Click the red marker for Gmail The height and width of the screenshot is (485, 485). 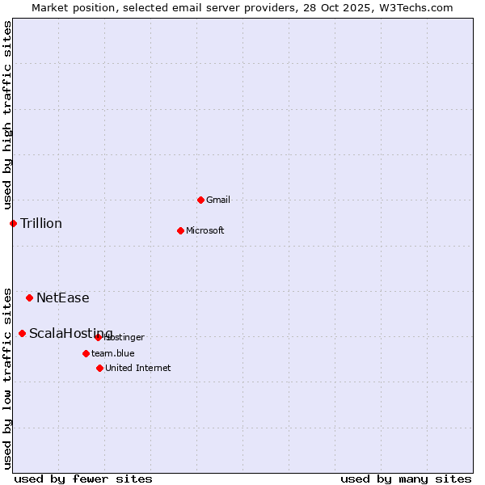200,200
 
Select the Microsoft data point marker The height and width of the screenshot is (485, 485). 180,230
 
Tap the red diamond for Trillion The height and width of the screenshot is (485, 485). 13,223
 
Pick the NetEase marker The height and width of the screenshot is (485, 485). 29,297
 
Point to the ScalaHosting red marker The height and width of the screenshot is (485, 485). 22,333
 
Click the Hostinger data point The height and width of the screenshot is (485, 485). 98,337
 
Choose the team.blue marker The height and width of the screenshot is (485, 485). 86,353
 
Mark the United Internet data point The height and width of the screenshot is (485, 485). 99,368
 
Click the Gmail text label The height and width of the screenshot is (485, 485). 218,200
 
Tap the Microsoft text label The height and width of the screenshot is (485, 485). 205,230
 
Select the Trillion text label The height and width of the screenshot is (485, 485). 41,223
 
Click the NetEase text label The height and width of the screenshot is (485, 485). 63,297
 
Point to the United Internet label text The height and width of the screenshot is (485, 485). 138,368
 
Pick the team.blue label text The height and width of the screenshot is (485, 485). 113,353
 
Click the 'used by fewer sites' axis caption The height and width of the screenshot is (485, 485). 83,479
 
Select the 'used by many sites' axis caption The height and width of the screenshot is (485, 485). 406,479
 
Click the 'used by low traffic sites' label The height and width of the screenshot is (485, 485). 7,377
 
